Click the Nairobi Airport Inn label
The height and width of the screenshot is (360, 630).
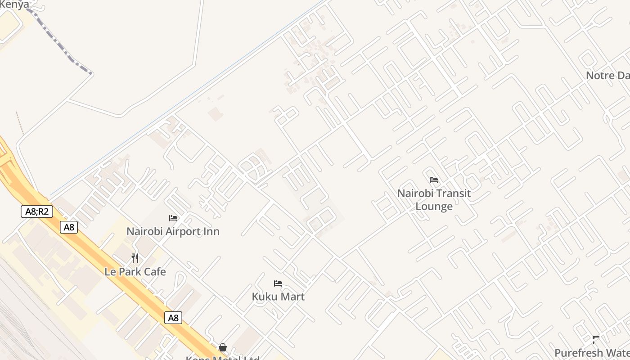(x=173, y=231)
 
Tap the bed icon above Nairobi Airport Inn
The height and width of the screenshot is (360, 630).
(x=173, y=218)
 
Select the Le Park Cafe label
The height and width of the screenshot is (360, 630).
(x=135, y=272)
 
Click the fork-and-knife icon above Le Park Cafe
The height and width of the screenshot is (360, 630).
(x=135, y=258)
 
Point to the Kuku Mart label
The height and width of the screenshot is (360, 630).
(x=278, y=297)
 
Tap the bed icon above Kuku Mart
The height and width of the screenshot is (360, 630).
(x=278, y=283)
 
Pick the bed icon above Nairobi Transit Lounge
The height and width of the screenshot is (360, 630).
(x=434, y=180)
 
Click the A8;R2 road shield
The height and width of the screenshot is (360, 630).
(x=37, y=211)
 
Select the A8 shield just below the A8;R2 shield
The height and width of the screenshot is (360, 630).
(x=69, y=227)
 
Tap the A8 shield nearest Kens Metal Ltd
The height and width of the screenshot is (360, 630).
(x=173, y=318)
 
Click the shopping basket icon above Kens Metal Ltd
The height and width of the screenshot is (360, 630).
(x=223, y=347)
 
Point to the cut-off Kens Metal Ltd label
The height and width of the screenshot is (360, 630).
(x=223, y=357)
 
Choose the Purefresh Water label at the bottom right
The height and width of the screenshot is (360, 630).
(x=592, y=353)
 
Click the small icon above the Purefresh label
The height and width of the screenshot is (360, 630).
(x=596, y=339)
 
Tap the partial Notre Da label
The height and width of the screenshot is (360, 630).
(x=607, y=75)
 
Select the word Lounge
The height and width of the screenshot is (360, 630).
(x=434, y=207)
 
